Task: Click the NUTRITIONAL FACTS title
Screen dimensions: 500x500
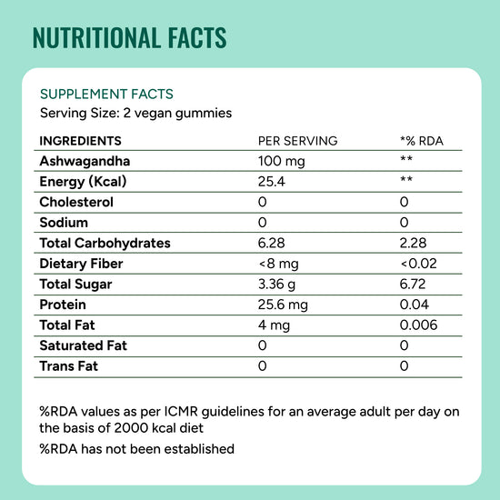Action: coord(129,38)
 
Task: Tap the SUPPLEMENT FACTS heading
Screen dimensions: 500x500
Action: coord(106,94)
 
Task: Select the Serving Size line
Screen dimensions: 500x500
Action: coord(135,114)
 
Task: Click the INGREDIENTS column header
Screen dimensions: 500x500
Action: coord(80,141)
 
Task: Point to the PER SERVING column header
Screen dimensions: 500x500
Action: coord(298,141)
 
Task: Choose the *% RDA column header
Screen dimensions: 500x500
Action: coord(422,141)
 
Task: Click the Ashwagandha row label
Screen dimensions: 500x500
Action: coord(85,161)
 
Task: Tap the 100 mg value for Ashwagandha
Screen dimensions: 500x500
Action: coord(281,161)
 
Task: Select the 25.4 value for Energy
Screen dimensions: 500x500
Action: coord(272,182)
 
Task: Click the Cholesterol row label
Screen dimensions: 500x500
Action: coord(76,202)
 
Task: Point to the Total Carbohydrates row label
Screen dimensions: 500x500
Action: coord(105,244)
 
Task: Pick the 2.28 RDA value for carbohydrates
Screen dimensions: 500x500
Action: coord(413,243)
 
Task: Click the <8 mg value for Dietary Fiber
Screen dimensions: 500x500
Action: coord(279,264)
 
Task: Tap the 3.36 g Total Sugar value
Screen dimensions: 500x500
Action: coord(276,285)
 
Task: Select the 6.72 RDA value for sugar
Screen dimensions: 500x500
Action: coord(413,285)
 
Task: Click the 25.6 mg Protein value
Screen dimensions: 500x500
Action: coord(283,305)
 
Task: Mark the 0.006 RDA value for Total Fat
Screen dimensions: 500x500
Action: coord(418,325)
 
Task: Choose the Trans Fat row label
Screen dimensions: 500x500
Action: coord(68,366)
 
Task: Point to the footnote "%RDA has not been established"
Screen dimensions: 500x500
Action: coord(137,449)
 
